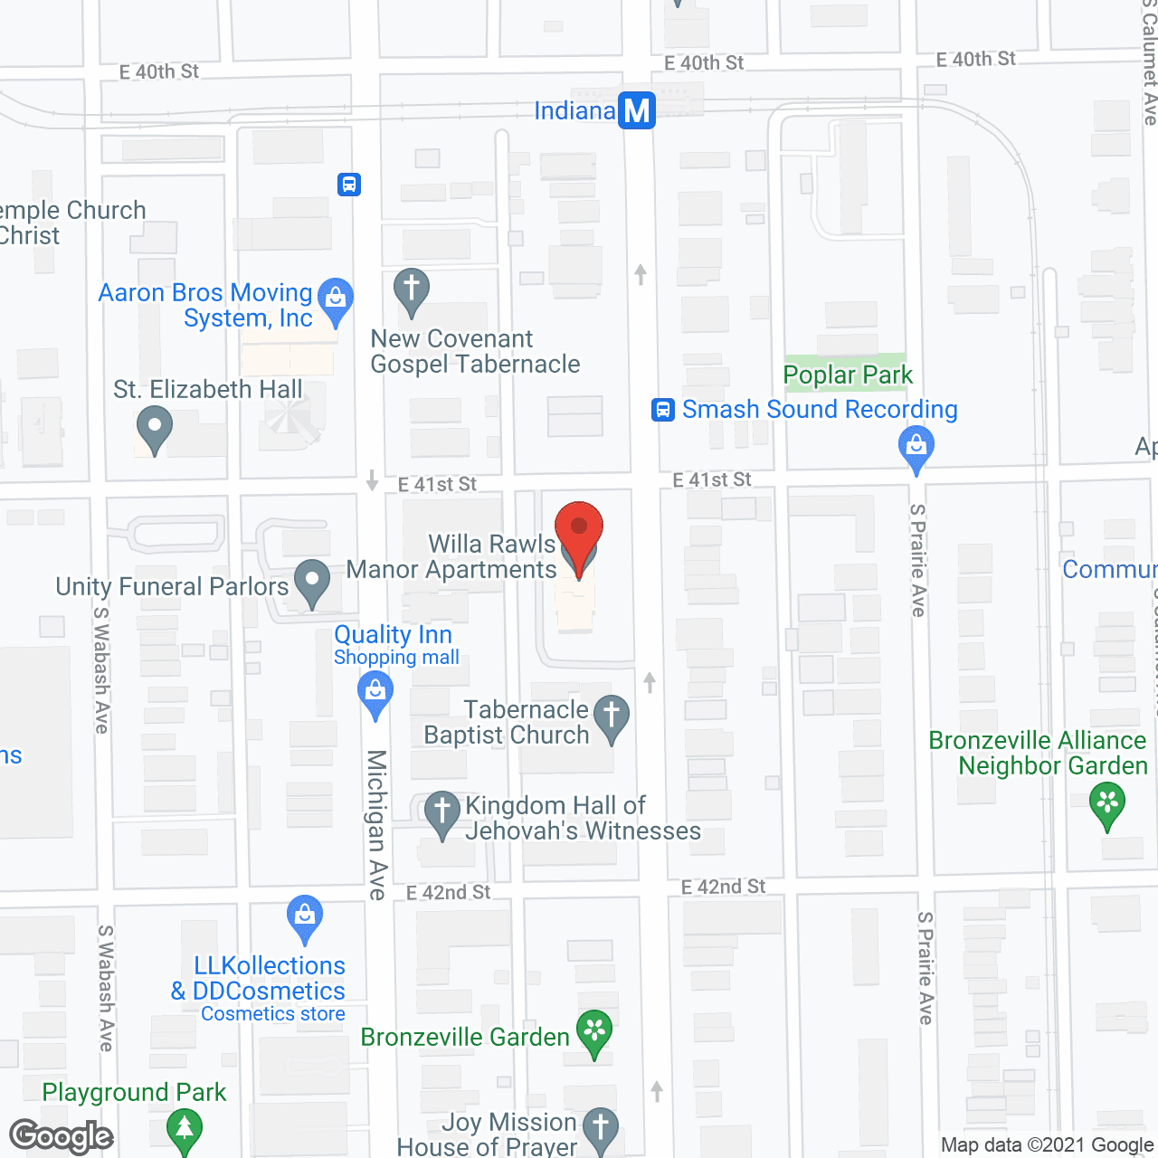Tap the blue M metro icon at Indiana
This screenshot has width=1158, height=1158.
click(637, 110)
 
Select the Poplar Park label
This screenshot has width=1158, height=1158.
click(848, 375)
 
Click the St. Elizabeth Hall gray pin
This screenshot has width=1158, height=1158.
click(154, 430)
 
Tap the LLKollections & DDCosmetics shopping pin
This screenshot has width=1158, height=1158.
click(305, 919)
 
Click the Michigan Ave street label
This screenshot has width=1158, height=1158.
click(377, 824)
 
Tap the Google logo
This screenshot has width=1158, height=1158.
click(62, 1136)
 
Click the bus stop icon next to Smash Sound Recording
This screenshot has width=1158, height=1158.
click(663, 410)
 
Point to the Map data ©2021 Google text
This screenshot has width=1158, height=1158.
click(1047, 1145)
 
